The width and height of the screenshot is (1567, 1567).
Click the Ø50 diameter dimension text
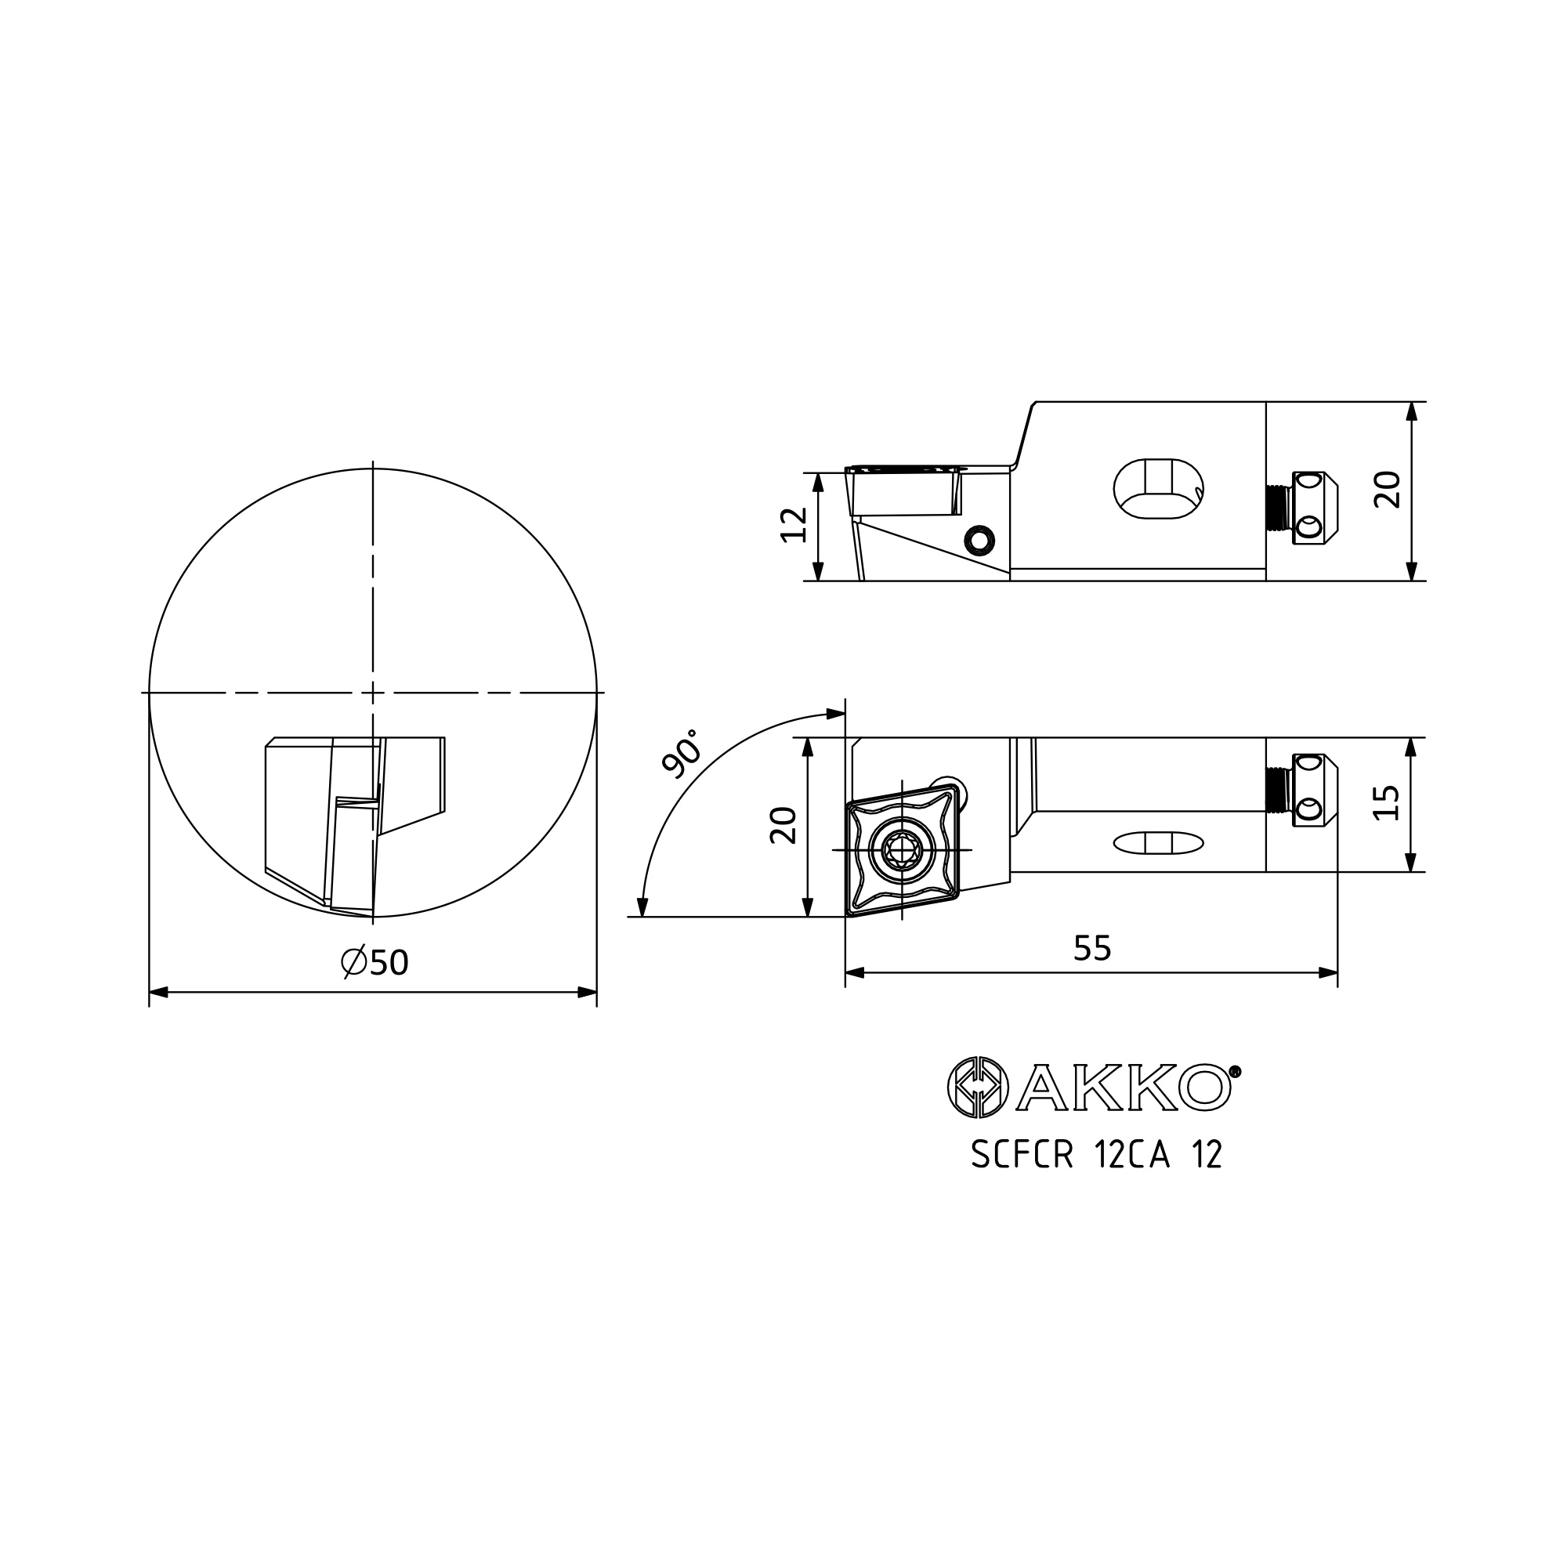(375, 963)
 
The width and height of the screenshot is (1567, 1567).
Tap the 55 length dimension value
(1091, 948)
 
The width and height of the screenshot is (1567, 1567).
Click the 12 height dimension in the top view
(794, 524)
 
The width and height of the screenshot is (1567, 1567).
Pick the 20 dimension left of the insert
(783, 826)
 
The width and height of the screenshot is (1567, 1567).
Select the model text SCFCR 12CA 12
(1097, 1155)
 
